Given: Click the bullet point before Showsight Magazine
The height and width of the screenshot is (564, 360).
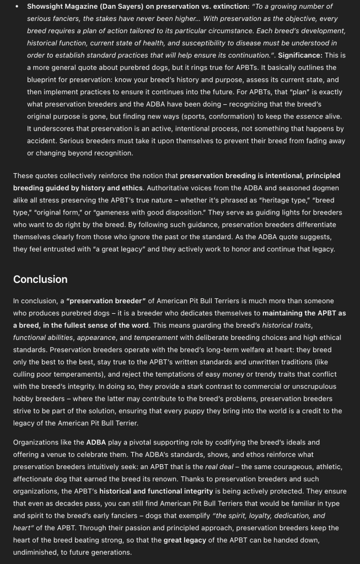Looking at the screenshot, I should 17,7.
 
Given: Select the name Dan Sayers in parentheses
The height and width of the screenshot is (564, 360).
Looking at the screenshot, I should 115,7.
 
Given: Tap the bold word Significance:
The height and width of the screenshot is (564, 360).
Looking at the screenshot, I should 300,55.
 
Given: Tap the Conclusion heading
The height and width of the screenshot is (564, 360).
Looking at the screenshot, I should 40,279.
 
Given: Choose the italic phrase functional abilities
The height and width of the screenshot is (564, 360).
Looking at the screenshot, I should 43,337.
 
